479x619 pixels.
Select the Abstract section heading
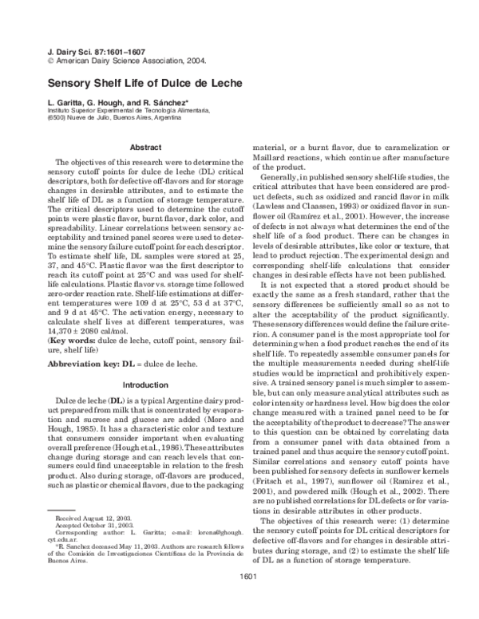pyautogui.click(x=145, y=147)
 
